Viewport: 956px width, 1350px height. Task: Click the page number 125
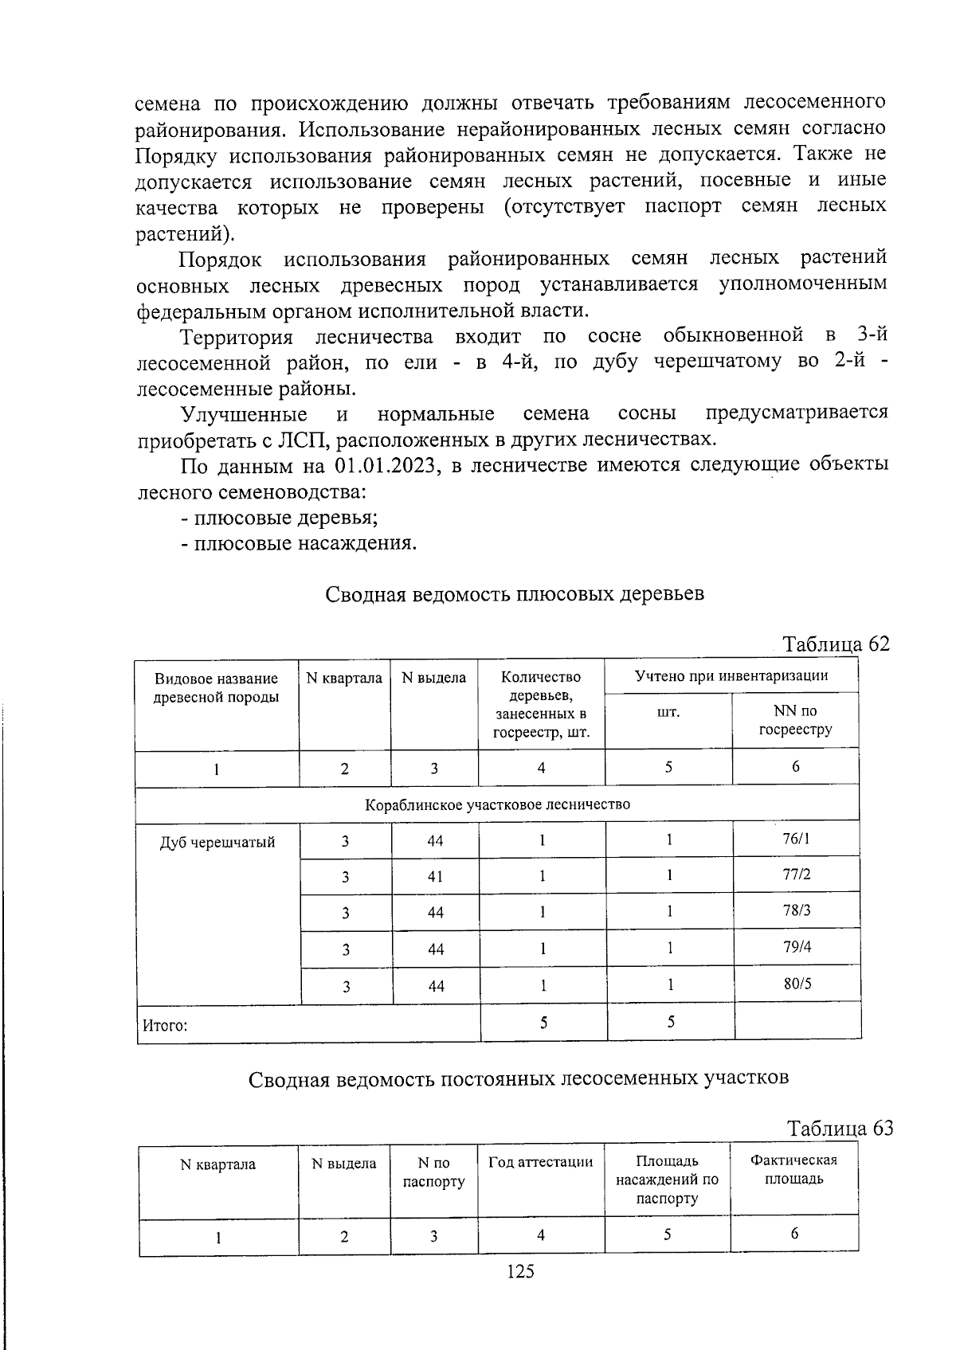(520, 1272)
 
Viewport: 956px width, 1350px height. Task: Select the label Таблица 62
(835, 644)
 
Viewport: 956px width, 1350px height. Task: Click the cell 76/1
(796, 838)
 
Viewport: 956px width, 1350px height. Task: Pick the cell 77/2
(796, 875)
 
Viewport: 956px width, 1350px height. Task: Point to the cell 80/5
(797, 984)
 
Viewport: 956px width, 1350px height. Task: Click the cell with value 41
(435, 876)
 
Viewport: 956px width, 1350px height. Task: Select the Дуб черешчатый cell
(217, 842)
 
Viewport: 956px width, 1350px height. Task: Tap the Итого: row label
(165, 1025)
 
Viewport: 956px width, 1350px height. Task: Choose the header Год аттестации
(540, 1162)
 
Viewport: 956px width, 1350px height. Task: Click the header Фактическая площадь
(793, 1169)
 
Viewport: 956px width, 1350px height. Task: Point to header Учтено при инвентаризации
(731, 676)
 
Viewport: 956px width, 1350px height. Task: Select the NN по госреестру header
(794, 720)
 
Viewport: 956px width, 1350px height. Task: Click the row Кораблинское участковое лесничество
(497, 804)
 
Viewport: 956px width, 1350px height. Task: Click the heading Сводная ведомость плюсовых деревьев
(515, 594)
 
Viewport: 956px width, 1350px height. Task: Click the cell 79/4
(797, 947)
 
